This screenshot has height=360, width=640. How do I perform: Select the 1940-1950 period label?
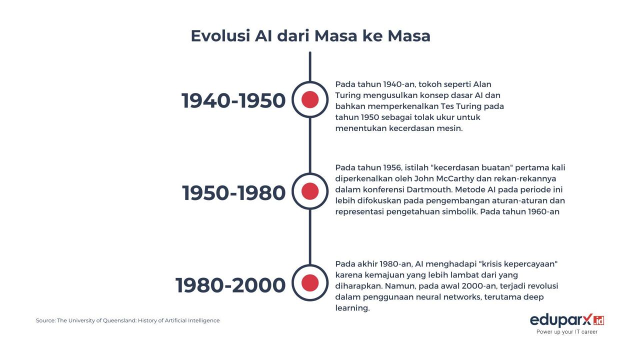coord(233,101)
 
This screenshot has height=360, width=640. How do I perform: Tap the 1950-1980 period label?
coord(233,193)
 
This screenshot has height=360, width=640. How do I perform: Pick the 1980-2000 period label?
coord(230,285)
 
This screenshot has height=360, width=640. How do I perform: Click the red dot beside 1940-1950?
coord(310,100)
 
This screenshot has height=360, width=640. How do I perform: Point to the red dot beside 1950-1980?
coord(310,191)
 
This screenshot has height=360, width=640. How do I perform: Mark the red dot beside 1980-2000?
coord(310,283)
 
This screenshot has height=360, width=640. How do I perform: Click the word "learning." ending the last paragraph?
coord(352,308)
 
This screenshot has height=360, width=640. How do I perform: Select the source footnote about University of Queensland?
coord(127,320)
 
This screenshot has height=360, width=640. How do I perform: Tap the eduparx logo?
coord(566,319)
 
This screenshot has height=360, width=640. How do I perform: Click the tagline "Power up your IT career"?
coord(566,331)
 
